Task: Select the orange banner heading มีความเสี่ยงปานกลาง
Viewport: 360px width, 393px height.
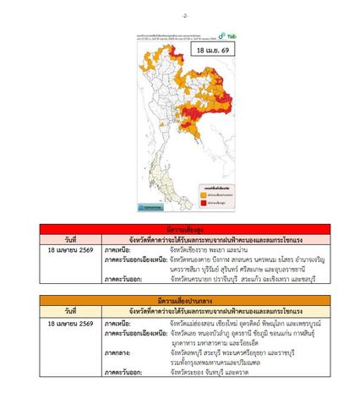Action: [179, 302]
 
